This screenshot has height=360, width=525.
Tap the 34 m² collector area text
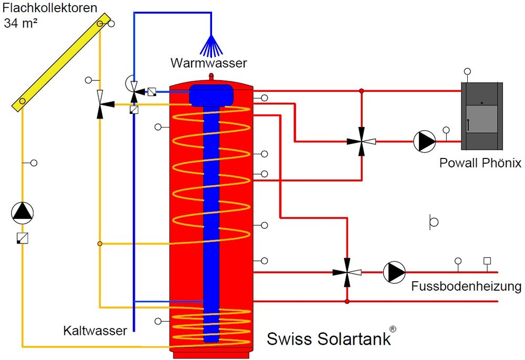click(21, 23)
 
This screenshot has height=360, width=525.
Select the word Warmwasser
click(208, 63)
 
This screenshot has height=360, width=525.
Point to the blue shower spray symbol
click(211, 46)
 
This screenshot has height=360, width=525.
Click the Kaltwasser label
click(95, 331)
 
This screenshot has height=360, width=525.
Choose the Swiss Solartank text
click(329, 338)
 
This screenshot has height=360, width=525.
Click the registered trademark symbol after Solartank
click(393, 329)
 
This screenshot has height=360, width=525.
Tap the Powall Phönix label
click(480, 163)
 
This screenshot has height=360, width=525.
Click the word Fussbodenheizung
click(466, 287)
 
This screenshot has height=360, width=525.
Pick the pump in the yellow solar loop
click(23, 212)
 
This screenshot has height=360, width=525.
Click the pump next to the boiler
click(424, 141)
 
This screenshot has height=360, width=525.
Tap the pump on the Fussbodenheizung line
click(394, 272)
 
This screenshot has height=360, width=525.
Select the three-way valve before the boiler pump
click(362, 141)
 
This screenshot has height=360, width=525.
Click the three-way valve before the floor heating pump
click(347, 272)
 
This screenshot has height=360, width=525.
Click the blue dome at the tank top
click(211, 94)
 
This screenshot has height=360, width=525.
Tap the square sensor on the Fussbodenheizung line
click(487, 260)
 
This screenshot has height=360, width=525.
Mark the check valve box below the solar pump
click(23, 238)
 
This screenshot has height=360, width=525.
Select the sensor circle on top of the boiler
click(467, 72)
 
